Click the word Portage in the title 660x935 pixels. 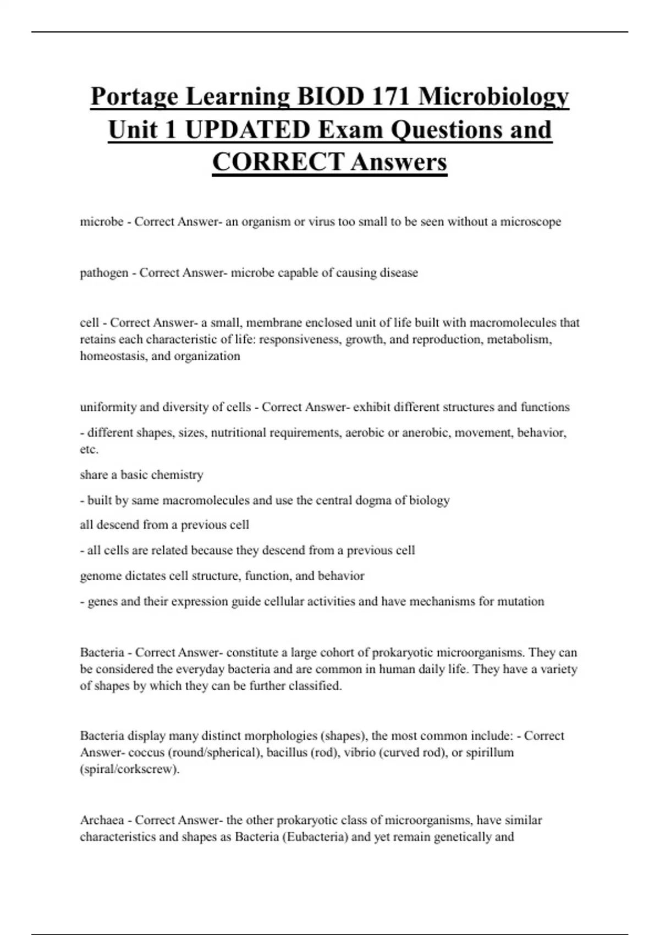(x=134, y=97)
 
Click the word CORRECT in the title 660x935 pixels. (x=278, y=162)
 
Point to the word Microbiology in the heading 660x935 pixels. (x=493, y=97)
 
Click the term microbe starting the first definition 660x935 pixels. (x=101, y=222)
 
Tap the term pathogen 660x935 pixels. (x=104, y=273)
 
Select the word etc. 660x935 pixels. (x=89, y=449)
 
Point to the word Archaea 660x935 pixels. (x=102, y=820)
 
